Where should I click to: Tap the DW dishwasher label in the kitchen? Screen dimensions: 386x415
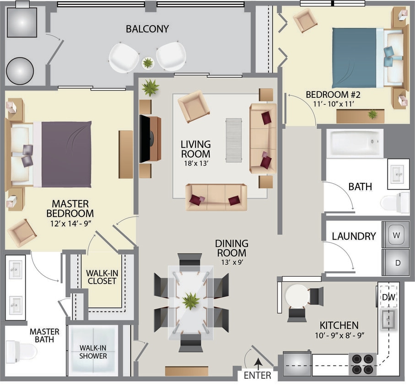[388, 297]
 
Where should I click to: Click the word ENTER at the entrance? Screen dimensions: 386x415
[257, 375]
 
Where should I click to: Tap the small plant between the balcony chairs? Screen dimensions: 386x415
[148, 63]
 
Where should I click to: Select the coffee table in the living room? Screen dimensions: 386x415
[233, 140]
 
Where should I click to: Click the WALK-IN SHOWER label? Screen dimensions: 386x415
[93, 352]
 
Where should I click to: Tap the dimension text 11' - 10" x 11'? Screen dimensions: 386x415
[333, 104]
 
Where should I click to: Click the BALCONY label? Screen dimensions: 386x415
[147, 29]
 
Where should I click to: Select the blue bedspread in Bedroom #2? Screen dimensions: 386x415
[354, 58]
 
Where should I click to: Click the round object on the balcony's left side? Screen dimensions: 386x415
[20, 71]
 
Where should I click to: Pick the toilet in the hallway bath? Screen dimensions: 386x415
[396, 203]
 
